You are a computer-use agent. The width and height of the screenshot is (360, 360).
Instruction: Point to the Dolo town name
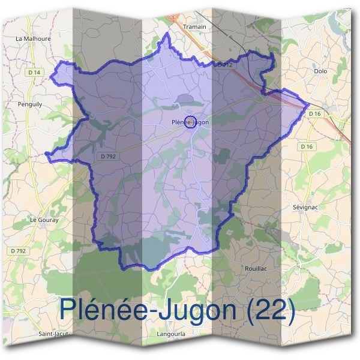click(x=320, y=71)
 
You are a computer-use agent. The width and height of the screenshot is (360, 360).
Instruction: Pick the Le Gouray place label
click(x=44, y=220)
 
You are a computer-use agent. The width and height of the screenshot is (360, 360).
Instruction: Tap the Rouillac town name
click(x=256, y=268)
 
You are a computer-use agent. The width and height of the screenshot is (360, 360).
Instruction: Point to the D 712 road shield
click(x=224, y=64)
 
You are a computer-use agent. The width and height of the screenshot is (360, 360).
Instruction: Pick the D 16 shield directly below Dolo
click(x=316, y=113)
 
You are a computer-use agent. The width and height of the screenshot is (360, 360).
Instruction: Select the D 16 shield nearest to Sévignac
click(x=307, y=146)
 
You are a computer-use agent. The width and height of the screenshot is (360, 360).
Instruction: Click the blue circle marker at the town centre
click(x=190, y=122)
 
